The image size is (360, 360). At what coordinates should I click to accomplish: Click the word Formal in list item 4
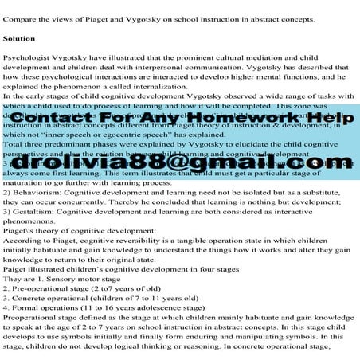pos(26,324)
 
